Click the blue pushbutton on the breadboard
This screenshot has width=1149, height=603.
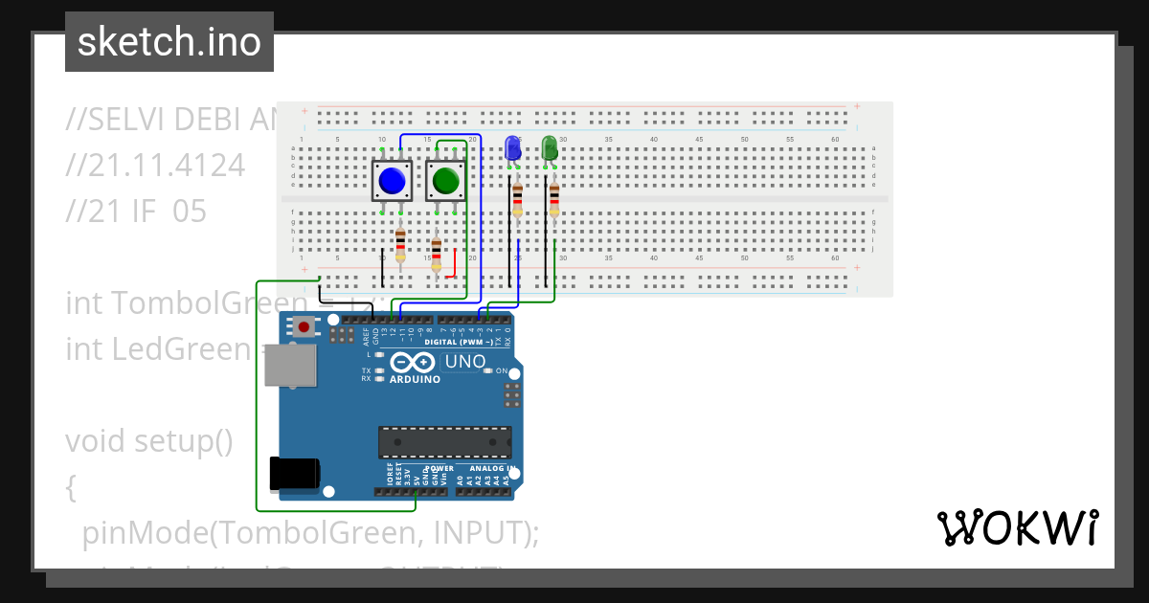392,181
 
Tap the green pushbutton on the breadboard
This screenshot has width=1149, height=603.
446,181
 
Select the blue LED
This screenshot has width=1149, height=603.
512,149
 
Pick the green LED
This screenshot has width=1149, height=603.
550,148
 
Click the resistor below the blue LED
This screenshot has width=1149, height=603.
517,200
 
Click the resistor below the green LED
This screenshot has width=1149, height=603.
553,200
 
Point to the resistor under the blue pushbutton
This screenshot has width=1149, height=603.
400,245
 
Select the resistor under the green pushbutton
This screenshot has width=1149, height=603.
437,255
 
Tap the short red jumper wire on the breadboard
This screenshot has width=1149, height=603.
452,259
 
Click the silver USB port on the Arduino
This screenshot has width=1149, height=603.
290,367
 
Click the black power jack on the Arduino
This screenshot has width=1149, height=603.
294,474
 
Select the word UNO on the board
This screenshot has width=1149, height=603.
465,362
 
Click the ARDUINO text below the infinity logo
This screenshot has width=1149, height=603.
415,380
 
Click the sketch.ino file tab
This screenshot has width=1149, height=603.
169,42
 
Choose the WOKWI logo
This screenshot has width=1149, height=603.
1017,527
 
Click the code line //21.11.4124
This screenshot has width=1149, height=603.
155,166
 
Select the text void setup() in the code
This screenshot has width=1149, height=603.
149,441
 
